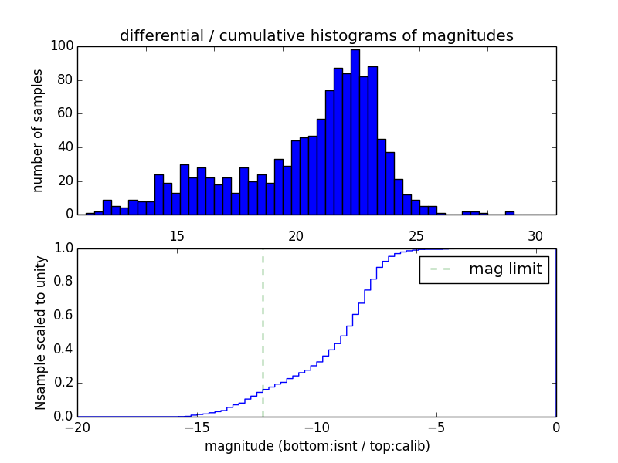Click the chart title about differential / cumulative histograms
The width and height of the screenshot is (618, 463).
click(x=316, y=35)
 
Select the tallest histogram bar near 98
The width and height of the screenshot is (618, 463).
click(x=355, y=131)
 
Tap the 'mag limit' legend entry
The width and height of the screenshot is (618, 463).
click(x=485, y=270)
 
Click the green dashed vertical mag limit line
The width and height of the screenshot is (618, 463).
click(x=263, y=332)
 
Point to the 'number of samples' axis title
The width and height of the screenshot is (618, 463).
click(x=37, y=130)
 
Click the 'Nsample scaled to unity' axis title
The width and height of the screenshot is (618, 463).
click(x=40, y=332)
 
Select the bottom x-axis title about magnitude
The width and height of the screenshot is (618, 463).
click(x=317, y=446)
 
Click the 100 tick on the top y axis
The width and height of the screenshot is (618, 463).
click(x=63, y=46)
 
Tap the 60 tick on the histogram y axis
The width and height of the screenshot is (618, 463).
click(x=66, y=113)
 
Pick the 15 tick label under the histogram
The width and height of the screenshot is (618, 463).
click(x=176, y=235)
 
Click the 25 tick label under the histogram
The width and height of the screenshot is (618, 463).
click(x=416, y=235)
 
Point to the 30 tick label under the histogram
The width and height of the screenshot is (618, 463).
click(x=536, y=235)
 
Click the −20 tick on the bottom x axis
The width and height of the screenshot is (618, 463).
click(x=77, y=427)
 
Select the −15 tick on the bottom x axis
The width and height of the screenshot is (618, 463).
click(x=197, y=427)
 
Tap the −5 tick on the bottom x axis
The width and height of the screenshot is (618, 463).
click(x=436, y=427)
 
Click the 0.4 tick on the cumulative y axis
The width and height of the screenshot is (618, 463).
click(x=63, y=350)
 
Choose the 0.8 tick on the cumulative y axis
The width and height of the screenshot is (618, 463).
click(x=63, y=282)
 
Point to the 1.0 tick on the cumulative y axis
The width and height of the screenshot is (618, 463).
click(x=63, y=248)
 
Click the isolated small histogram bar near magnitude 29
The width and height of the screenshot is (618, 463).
click(x=510, y=213)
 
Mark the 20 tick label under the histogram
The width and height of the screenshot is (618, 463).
click(x=297, y=235)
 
